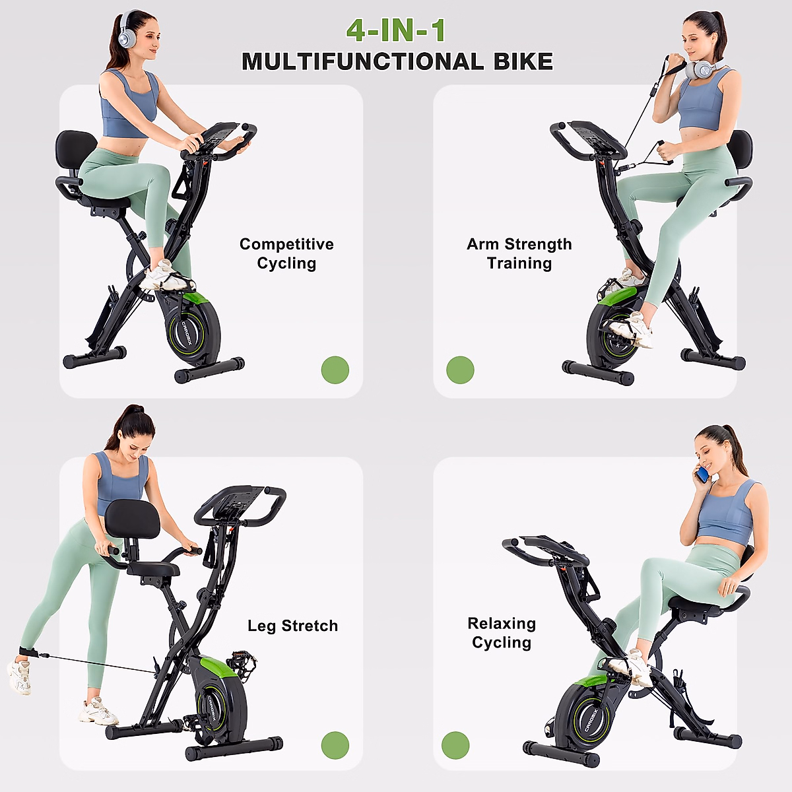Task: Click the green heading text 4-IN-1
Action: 396,30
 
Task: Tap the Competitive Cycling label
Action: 286,253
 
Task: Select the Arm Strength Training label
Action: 519,253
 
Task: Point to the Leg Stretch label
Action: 292,626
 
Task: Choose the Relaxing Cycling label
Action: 502,633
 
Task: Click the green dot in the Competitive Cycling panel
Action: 335,370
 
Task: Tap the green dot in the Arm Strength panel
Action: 460,370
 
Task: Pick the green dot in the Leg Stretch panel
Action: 335,745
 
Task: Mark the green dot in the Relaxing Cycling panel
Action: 455,745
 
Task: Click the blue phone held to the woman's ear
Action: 703,473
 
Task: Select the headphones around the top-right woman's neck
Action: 702,68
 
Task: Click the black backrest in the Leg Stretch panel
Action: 132,519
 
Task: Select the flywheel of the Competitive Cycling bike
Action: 193,328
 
